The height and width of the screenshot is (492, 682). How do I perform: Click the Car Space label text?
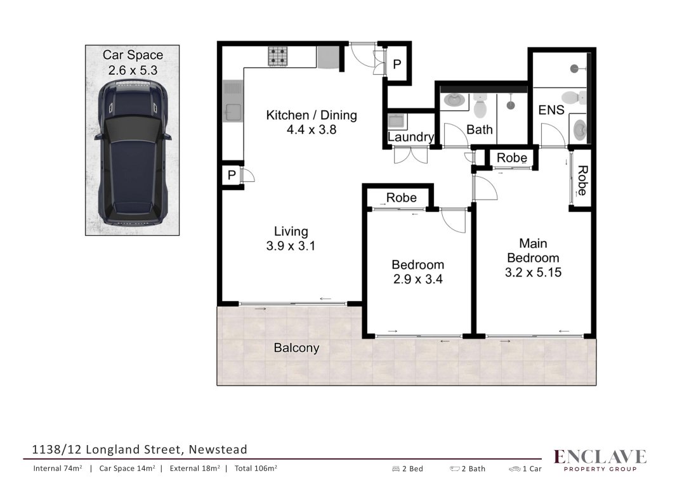pyautogui.click(x=133, y=55)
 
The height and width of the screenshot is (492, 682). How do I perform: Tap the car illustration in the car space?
pyautogui.click(x=133, y=153)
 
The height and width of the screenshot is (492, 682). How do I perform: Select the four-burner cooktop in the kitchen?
pyautogui.click(x=277, y=56)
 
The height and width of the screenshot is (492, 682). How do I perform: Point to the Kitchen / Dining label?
pyautogui.click(x=311, y=115)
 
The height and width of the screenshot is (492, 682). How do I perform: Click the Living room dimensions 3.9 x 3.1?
pyautogui.click(x=291, y=246)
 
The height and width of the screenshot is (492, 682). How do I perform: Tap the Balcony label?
pyautogui.click(x=297, y=347)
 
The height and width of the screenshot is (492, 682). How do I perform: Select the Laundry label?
pyautogui.click(x=410, y=137)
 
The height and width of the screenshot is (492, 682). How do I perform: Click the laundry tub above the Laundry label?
pyautogui.click(x=397, y=121)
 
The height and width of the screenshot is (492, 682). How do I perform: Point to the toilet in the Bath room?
pyautogui.click(x=480, y=105)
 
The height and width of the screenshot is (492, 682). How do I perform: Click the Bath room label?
pyautogui.click(x=480, y=129)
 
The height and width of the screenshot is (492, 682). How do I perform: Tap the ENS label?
pyautogui.click(x=551, y=110)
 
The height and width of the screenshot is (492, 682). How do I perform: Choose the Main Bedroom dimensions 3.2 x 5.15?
pyautogui.click(x=534, y=273)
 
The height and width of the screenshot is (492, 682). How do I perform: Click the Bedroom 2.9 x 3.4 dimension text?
pyautogui.click(x=418, y=279)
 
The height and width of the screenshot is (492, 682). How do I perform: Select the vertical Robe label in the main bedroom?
pyautogui.click(x=582, y=180)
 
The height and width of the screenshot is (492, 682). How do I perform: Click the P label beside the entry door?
pyautogui.click(x=397, y=64)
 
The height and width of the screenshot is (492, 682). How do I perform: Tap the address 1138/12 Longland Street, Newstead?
pyautogui.click(x=140, y=450)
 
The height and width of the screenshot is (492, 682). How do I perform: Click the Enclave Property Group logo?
pyautogui.click(x=600, y=460)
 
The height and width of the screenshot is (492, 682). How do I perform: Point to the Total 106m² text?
pyautogui.click(x=256, y=468)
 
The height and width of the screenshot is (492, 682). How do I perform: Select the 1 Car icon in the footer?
pyautogui.click(x=515, y=469)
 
